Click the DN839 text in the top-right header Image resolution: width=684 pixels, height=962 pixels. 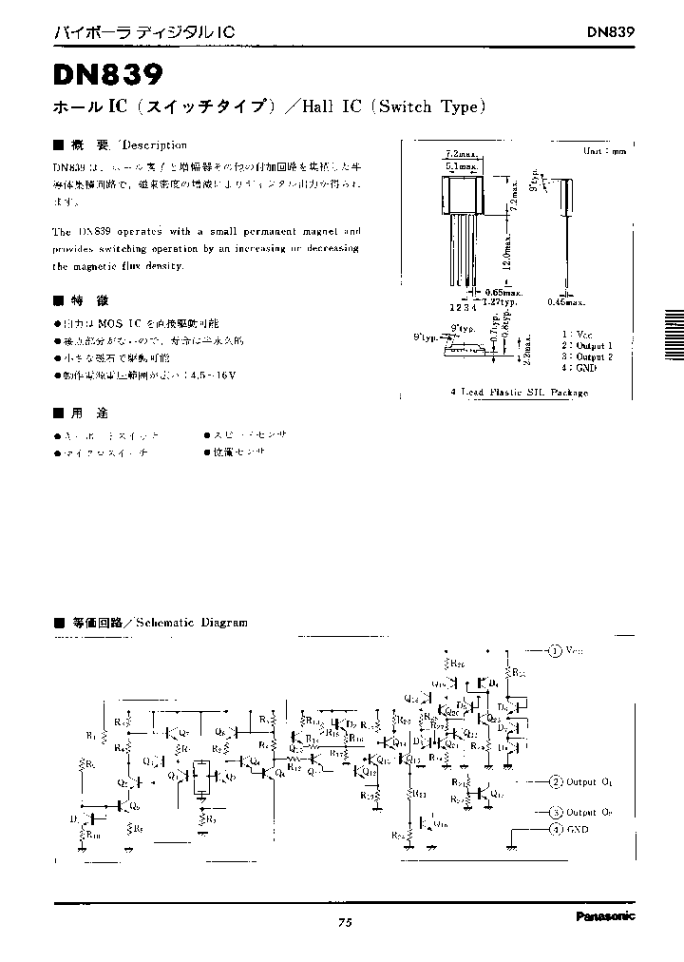610,31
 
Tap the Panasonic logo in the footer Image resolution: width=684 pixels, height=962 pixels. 605,916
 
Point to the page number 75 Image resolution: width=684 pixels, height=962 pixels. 344,922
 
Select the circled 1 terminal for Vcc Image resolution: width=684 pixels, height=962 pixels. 555,650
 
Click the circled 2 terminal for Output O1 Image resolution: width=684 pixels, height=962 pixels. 555,781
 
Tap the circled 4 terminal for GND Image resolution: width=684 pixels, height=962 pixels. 555,829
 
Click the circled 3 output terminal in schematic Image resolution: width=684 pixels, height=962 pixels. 555,813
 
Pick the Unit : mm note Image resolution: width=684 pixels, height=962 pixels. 605,150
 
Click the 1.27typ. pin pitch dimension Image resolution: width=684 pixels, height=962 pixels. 498,301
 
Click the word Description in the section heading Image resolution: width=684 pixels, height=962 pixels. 154,145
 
